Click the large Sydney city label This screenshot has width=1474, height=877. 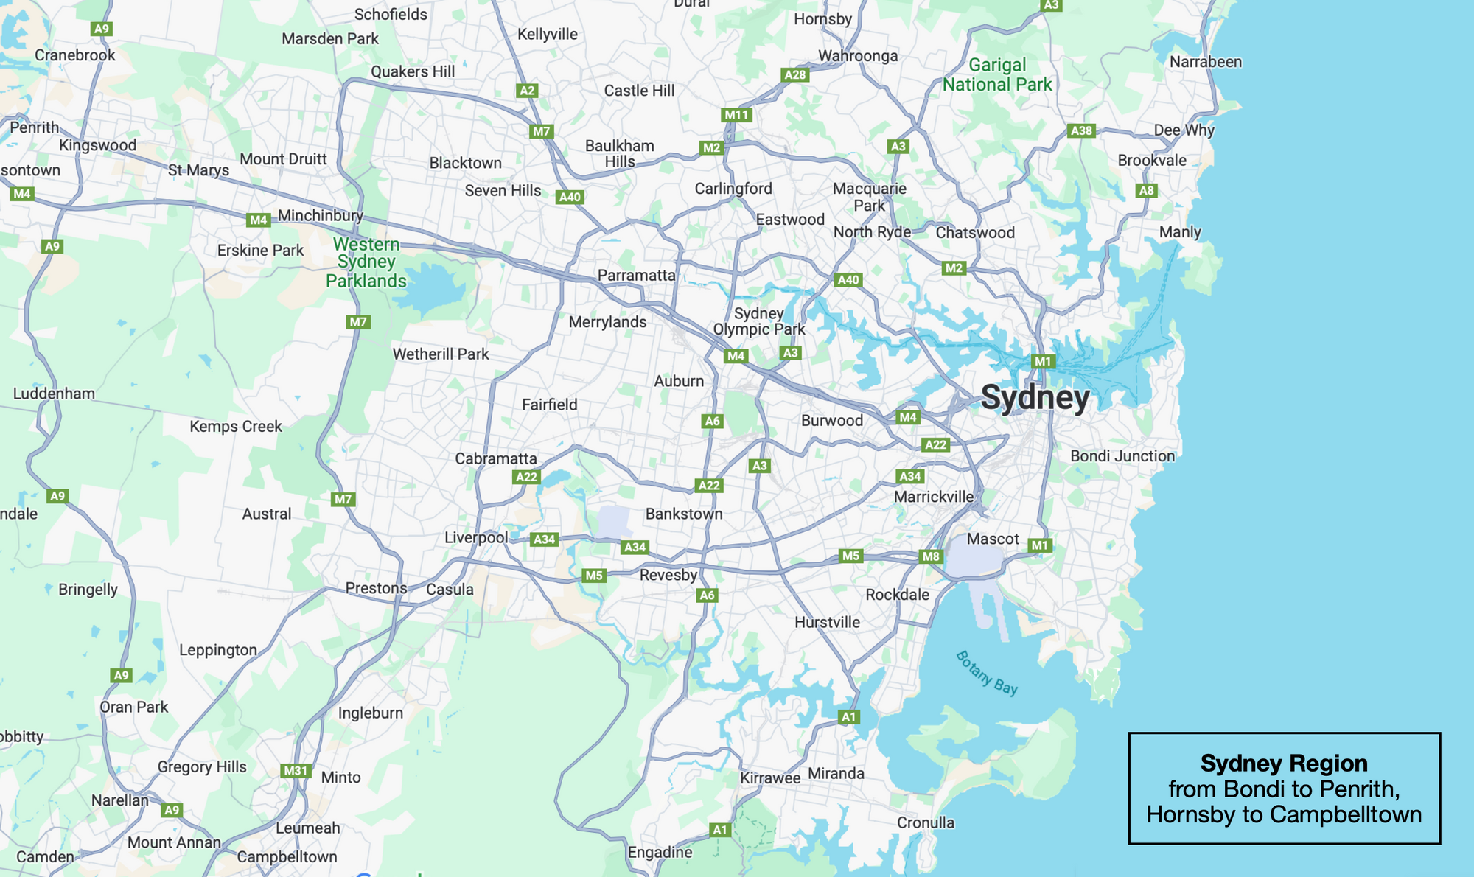click(x=1035, y=399)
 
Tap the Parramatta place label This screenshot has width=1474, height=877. click(x=636, y=276)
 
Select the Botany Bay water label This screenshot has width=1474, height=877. click(x=986, y=672)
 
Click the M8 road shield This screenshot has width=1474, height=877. click(x=931, y=556)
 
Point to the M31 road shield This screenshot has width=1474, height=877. click(x=296, y=771)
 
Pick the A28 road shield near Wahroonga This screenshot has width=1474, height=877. click(x=795, y=74)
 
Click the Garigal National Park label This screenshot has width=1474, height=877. click(x=997, y=75)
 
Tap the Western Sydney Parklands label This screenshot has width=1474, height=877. click(x=366, y=262)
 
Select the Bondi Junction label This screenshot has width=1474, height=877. click(x=1122, y=456)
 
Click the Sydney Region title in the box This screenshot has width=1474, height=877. click(x=1284, y=763)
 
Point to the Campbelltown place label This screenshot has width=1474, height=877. click(x=287, y=857)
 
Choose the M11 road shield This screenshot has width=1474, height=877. click(x=736, y=114)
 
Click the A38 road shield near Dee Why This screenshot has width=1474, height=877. click(x=1081, y=130)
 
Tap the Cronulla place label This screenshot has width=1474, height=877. click(x=925, y=822)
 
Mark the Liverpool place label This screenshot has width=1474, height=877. click(x=476, y=537)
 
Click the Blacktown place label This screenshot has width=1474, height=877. click(x=465, y=163)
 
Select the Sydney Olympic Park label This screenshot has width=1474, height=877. click(x=759, y=321)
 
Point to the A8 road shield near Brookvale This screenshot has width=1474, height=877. click(x=1146, y=190)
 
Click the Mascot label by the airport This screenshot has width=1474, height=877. click(x=993, y=539)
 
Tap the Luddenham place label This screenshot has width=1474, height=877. click(x=54, y=394)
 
